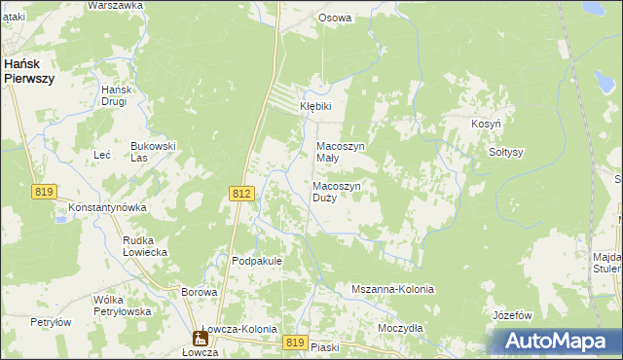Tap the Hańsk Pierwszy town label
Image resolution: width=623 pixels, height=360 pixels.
coord(28,71)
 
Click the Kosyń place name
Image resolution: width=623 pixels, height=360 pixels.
coord(486,126)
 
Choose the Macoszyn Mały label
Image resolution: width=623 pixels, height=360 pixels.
coord(341,152)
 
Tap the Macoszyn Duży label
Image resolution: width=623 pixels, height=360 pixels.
coord(337,192)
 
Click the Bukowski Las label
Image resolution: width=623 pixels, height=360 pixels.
coord(153,152)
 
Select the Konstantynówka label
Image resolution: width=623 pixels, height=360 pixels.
coord(106,208)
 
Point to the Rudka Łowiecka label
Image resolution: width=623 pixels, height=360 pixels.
coord(145,246)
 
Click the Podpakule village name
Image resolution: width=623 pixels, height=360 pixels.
coord(257,261)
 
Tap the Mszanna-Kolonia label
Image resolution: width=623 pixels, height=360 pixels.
coord(392,290)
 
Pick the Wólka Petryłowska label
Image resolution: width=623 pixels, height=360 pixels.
coord(122,306)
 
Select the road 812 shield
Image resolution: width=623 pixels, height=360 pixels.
coord(243,195)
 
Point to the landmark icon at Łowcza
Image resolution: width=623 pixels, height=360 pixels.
coord(200,339)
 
